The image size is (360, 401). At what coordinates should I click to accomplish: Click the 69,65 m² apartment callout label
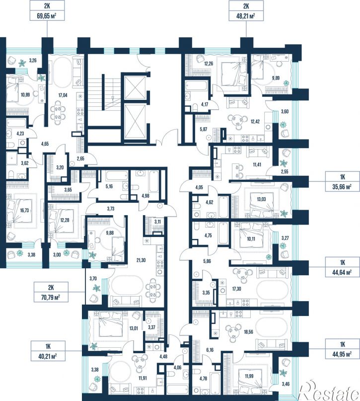47,10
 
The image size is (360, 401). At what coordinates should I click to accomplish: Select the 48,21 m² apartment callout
246,10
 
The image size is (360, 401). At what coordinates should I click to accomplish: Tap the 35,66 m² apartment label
342,181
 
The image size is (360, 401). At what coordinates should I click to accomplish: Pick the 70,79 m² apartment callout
51,292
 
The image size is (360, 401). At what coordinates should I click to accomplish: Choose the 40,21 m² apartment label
48,351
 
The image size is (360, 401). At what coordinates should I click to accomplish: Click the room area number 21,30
141,260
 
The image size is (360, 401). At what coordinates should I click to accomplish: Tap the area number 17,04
63,95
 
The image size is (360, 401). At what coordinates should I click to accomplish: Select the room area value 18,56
248,332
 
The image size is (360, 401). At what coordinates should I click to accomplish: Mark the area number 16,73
24,211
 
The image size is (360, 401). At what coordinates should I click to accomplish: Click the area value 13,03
261,199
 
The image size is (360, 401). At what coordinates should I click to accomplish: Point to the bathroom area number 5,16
109,186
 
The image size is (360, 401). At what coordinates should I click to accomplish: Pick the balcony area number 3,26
33,61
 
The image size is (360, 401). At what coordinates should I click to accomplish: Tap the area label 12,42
255,121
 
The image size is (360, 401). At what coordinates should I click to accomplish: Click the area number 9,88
110,233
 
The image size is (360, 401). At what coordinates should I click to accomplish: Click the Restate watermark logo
329,391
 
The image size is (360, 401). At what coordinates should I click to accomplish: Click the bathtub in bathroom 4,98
153,181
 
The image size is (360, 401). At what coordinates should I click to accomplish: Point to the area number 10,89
25,94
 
